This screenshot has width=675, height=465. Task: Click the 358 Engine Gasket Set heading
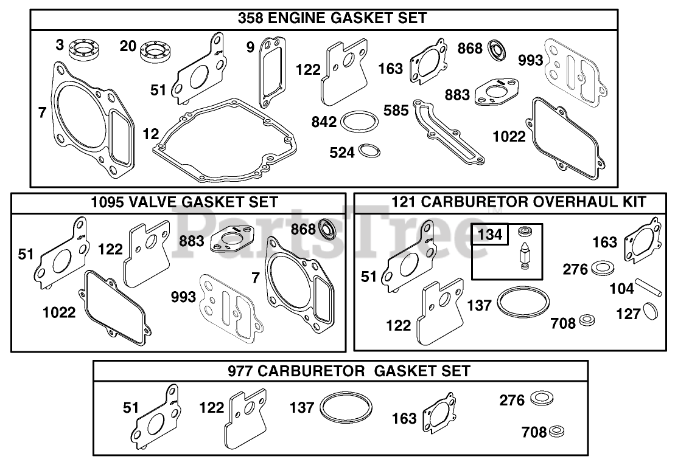[332, 18]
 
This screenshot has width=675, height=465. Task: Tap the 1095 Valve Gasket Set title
[184, 202]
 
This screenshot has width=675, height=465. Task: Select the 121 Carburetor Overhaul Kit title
[519, 202]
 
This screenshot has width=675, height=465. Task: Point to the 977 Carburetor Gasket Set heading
[349, 371]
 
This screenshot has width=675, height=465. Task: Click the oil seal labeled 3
[83, 51]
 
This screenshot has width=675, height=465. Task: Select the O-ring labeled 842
[360, 122]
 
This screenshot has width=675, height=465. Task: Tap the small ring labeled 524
[369, 151]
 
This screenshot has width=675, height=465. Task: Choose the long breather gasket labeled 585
[448, 131]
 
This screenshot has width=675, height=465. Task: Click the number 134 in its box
[490, 235]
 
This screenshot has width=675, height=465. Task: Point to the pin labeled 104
[650, 287]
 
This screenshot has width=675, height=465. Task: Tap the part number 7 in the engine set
[42, 112]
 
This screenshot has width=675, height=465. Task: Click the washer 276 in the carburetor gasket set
[542, 398]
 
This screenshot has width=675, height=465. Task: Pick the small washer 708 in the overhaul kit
[587, 320]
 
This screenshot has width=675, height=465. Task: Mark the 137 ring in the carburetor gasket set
[346, 408]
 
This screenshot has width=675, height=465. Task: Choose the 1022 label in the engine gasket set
[509, 137]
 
